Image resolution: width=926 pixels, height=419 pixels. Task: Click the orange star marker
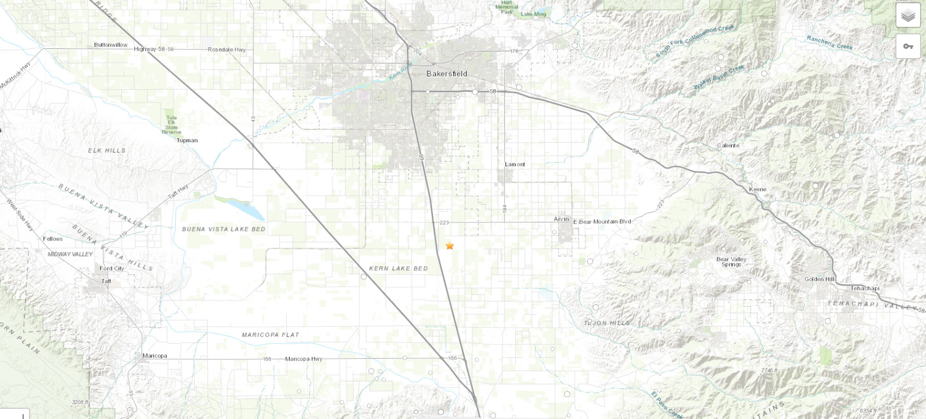tap(450, 245)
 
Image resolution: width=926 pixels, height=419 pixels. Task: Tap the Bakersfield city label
tap(446, 74)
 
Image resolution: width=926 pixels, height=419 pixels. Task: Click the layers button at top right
tap(908, 16)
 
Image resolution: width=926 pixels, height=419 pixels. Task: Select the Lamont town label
tap(515, 164)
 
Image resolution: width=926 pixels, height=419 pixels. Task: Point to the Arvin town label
tap(561, 219)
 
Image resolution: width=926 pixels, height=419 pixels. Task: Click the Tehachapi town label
tap(865, 288)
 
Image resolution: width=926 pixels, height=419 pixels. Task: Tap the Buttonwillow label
tap(110, 45)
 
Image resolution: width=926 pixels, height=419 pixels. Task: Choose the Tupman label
tap(187, 141)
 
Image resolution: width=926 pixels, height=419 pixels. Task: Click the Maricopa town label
tap(154, 356)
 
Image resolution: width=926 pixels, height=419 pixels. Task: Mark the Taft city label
tap(106, 281)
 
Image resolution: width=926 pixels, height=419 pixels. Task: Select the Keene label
tap(758, 190)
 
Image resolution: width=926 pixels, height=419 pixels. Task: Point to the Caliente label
tap(728, 146)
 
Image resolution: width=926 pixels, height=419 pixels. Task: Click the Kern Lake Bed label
tap(398, 269)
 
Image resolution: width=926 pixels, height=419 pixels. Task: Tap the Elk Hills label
tap(106, 150)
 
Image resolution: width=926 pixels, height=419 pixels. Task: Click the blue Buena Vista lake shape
tap(245, 208)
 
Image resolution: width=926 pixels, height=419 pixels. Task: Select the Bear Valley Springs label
tap(731, 262)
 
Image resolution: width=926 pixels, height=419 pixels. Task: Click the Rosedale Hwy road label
tap(226, 49)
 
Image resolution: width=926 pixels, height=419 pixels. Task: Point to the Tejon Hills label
tap(607, 323)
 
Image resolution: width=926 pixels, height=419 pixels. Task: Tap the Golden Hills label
tap(820, 279)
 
